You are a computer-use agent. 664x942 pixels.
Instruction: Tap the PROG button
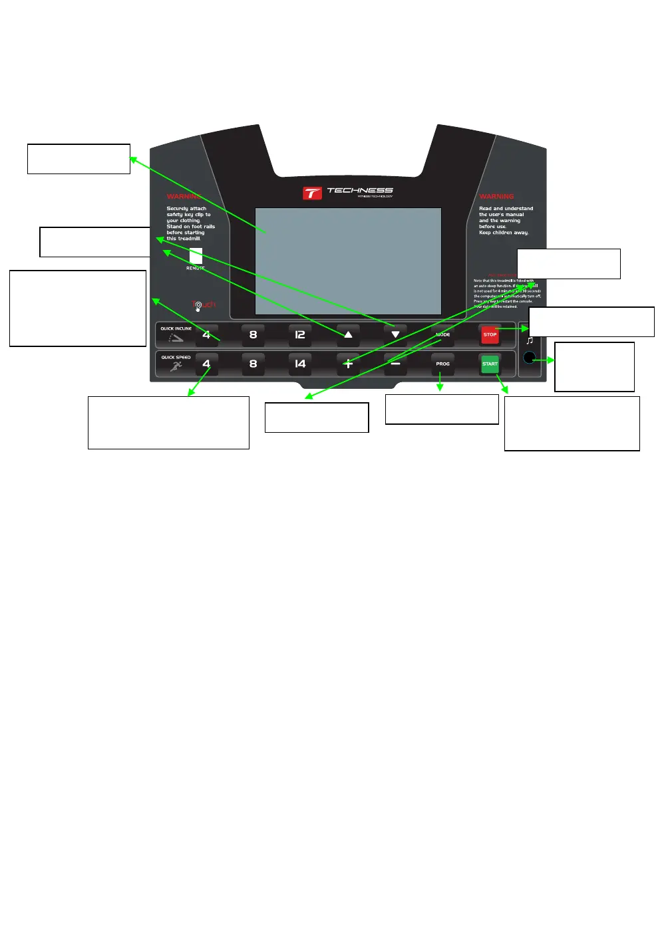[x=442, y=364]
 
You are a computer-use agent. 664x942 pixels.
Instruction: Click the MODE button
[x=442, y=334]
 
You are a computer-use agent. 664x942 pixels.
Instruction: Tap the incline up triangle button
[x=348, y=334]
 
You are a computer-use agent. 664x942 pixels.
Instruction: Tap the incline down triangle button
[x=395, y=334]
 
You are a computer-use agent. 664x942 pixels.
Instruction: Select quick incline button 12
[x=300, y=334]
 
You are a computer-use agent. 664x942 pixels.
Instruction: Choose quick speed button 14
[x=300, y=364]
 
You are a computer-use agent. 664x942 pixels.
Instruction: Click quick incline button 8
[x=253, y=334]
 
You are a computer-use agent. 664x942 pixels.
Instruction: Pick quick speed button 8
[x=253, y=364]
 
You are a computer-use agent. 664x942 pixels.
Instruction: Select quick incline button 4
[x=206, y=334]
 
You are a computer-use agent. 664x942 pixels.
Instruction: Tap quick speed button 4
[x=206, y=364]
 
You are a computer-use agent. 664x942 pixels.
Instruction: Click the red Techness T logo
[x=312, y=193]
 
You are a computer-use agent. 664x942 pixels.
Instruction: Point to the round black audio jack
[x=529, y=358]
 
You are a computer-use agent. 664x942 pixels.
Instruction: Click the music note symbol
[x=530, y=340]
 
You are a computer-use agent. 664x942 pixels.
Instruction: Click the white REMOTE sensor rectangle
[x=196, y=256]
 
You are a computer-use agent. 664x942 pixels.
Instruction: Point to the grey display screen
[x=348, y=261]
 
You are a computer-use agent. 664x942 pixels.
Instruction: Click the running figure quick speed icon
[x=176, y=366]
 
